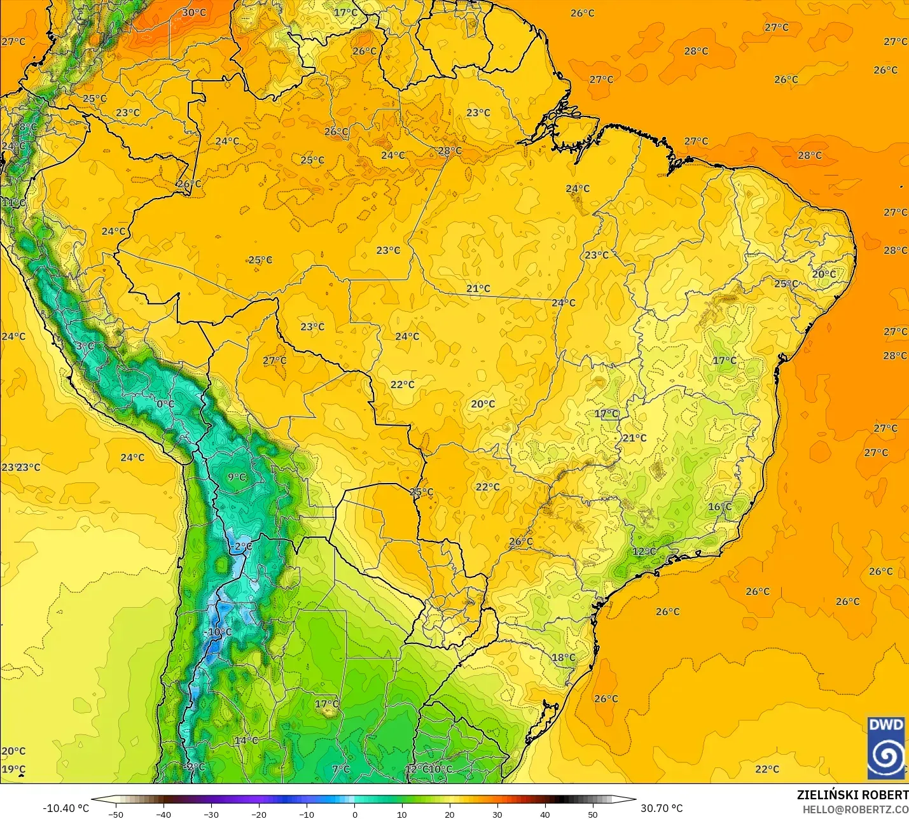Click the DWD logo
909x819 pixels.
886,747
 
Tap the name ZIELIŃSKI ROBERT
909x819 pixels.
852,795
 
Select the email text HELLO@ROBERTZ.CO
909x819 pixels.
855,809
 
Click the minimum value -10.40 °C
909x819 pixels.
66,808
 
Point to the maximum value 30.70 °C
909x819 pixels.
662,808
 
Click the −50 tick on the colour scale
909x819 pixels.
116,814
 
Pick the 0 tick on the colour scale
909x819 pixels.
354,814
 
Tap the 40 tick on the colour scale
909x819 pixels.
545,814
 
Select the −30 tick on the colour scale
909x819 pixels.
211,814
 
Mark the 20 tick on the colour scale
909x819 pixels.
450,814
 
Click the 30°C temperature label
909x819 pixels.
194,13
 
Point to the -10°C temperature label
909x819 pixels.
220,632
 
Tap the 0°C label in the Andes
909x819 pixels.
165,404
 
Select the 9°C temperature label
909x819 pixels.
237,477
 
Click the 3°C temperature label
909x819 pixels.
85,346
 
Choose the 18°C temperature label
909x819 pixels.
563,657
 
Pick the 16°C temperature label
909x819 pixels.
720,507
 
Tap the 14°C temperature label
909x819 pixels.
246,740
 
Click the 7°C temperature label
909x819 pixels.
341,769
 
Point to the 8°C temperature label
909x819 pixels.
28,127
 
